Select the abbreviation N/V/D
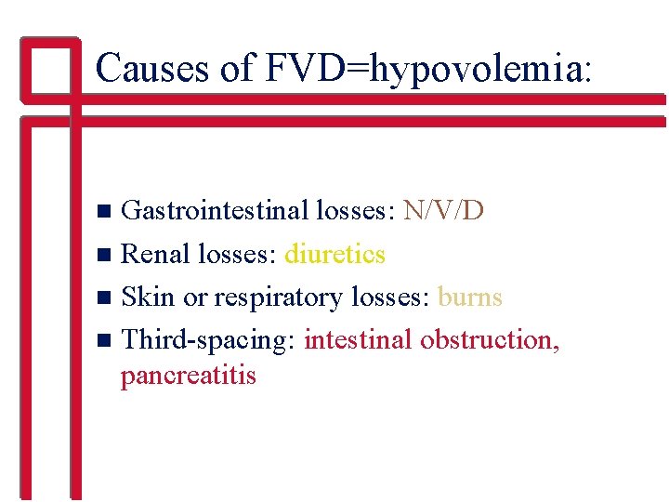[443, 210]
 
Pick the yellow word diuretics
[335, 253]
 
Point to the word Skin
[148, 297]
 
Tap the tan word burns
[469, 297]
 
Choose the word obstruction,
[490, 339]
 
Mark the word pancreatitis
[188, 376]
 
